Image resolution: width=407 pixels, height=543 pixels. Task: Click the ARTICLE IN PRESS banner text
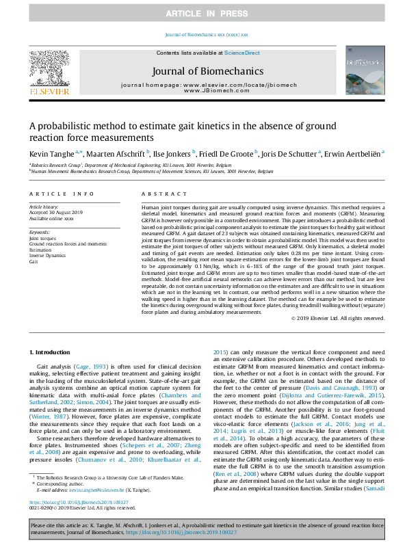(x=203, y=14)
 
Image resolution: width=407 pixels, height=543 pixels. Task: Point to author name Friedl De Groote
(x=226, y=154)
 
